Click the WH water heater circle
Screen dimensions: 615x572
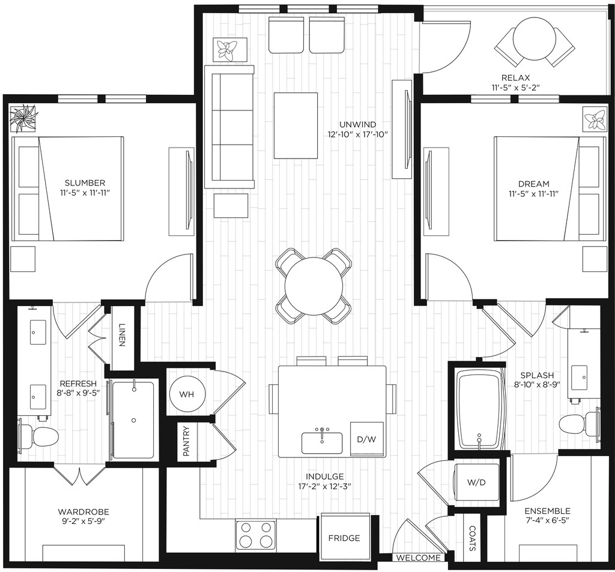tap(187, 394)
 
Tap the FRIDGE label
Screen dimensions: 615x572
tap(344, 538)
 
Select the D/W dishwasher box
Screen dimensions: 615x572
tap(366, 439)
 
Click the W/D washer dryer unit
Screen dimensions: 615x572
tap(476, 482)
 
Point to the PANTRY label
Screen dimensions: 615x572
tap(186, 441)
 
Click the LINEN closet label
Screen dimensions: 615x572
tap(121, 335)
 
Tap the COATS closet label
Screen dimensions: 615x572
tap(472, 538)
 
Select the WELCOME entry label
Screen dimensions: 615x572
tap(418, 558)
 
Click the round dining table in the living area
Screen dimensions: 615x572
tap(313, 286)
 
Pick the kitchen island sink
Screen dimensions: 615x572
tap(322, 442)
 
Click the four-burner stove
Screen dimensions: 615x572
tap(255, 535)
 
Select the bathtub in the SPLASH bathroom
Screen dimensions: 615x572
tap(479, 410)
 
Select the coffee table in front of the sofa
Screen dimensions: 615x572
tap(295, 125)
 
